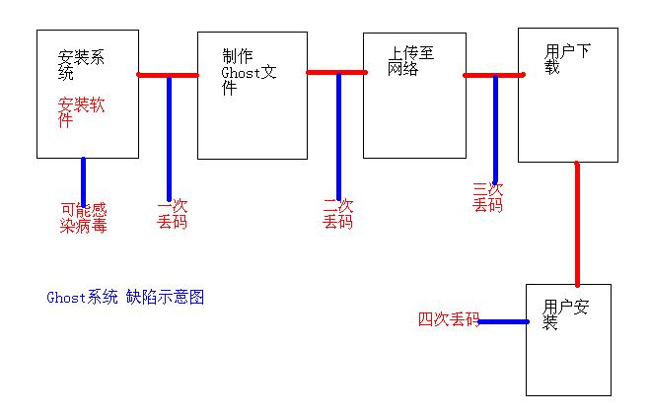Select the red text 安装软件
tap(81, 112)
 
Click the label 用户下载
tap(567, 58)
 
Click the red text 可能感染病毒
tap(84, 218)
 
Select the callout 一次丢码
tap(172, 214)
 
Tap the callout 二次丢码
tap(337, 214)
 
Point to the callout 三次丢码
tap(487, 197)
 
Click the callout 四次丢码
tap(448, 319)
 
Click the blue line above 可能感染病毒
tap(83, 179)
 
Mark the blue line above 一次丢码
tap(170, 138)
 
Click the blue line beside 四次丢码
tap(504, 321)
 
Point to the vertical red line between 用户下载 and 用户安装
tap(577, 224)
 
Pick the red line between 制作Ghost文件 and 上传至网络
tap(336, 72)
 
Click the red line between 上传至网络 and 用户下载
tap(492, 74)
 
